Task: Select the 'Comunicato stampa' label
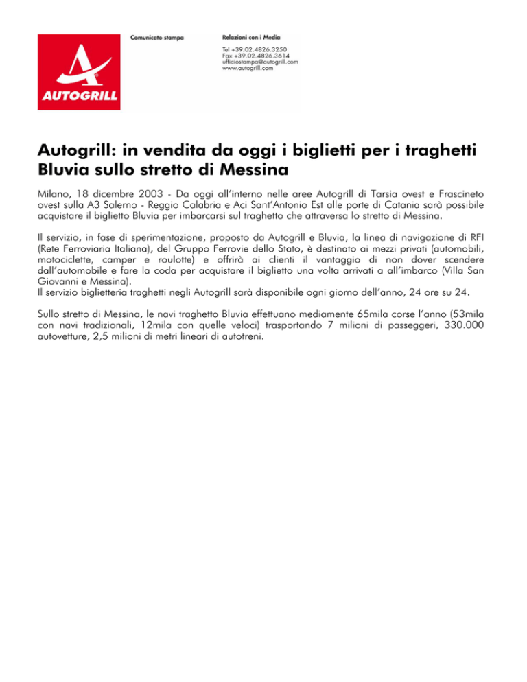[157, 36]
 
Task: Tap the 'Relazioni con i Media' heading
[251, 36]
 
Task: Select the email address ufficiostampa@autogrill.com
[260, 62]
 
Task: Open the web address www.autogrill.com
[248, 69]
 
